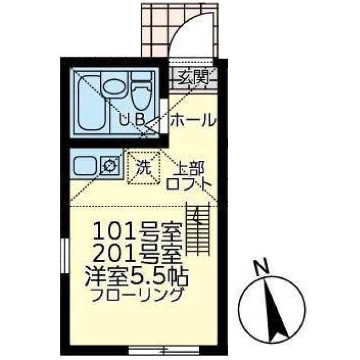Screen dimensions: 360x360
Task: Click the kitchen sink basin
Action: [x=85, y=165]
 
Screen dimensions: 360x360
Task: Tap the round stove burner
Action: [x=109, y=165]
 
